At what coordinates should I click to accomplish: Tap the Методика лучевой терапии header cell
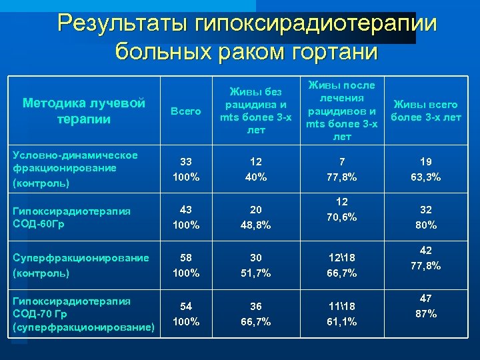(x=84, y=111)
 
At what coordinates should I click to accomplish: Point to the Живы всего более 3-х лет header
(x=425, y=111)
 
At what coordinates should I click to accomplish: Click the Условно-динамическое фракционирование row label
(x=75, y=168)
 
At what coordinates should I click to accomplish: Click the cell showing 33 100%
(x=186, y=169)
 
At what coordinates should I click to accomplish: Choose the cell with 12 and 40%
(x=256, y=169)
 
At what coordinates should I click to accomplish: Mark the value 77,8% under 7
(x=341, y=177)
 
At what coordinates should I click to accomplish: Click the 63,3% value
(x=425, y=177)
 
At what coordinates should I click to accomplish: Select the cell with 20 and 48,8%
(x=256, y=217)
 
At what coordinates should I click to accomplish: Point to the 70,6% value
(x=341, y=217)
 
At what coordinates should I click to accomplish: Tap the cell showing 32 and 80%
(x=425, y=217)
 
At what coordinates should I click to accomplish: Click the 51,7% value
(x=256, y=273)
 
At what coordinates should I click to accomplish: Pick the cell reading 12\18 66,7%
(x=341, y=265)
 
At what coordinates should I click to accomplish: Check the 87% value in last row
(x=425, y=313)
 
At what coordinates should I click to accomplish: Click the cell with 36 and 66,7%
(x=256, y=314)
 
